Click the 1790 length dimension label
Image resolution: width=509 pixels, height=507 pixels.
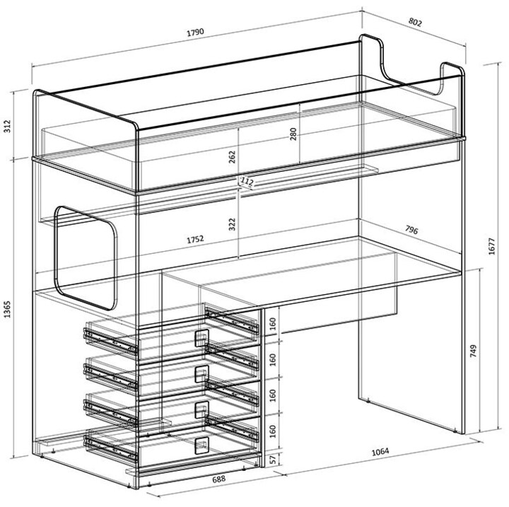pyautogui.click(x=195, y=32)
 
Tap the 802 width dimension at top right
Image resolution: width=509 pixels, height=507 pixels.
pyautogui.click(x=415, y=22)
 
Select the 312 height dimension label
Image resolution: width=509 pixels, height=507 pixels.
pyautogui.click(x=7, y=126)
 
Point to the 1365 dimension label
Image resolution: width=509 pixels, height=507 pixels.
pyautogui.click(x=7, y=309)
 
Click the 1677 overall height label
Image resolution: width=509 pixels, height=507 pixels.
pyautogui.click(x=492, y=246)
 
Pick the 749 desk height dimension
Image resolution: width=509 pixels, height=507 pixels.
pyautogui.click(x=473, y=351)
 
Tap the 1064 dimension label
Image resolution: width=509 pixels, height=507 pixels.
pyautogui.click(x=380, y=452)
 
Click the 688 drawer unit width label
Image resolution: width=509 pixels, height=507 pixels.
pyautogui.click(x=218, y=479)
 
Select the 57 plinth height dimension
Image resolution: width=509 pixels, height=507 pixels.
pyautogui.click(x=273, y=459)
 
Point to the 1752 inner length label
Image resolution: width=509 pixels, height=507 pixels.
pyautogui.click(x=195, y=240)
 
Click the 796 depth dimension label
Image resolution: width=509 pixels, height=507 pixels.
pyautogui.click(x=411, y=230)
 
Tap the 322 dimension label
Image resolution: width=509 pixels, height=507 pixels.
pyautogui.click(x=232, y=224)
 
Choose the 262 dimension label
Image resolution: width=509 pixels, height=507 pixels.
pyautogui.click(x=232, y=157)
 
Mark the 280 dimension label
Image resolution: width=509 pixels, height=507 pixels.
pyautogui.click(x=293, y=134)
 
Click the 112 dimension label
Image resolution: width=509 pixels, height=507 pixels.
pyautogui.click(x=247, y=182)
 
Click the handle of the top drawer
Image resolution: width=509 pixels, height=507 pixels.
pyautogui.click(x=201, y=338)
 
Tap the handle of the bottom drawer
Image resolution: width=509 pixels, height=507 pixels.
pyautogui.click(x=201, y=445)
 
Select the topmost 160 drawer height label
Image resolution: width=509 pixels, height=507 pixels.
pyautogui.click(x=273, y=324)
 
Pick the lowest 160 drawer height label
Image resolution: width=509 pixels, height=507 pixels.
pyautogui.click(x=273, y=431)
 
